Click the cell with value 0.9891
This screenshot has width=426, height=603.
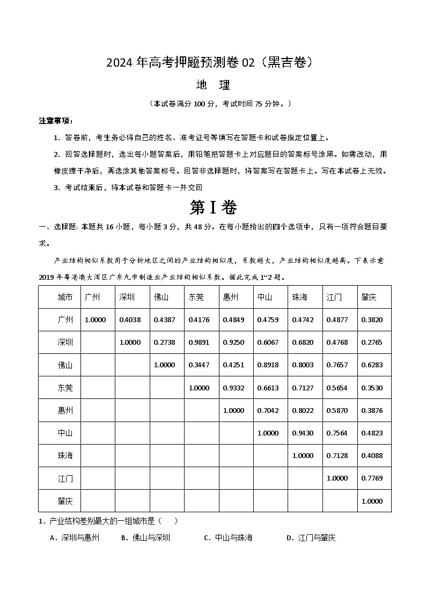pyautogui.click(x=199, y=343)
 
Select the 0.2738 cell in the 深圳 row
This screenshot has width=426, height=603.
pyautogui.click(x=164, y=343)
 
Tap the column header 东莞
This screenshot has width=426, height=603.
pyautogui.click(x=196, y=297)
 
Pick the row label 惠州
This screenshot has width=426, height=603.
pyautogui.click(x=65, y=411)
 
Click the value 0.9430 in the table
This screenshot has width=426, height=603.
pyautogui.click(x=303, y=433)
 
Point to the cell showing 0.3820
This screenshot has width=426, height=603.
pyautogui.click(x=372, y=320)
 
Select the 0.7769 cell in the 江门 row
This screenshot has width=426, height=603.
pyautogui.click(x=372, y=478)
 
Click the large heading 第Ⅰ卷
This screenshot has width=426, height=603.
pyautogui.click(x=213, y=208)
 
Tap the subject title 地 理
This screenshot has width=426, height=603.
pyautogui.click(x=213, y=85)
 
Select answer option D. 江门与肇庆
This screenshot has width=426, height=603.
pyautogui.click(x=311, y=537)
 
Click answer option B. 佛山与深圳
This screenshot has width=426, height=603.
pyautogui.click(x=145, y=537)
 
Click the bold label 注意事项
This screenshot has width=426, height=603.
pyautogui.click(x=56, y=120)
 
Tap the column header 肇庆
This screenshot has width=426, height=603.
pyautogui.click(x=369, y=297)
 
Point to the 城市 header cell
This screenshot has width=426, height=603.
pyautogui.click(x=65, y=297)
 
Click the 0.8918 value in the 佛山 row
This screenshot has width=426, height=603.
pyautogui.click(x=268, y=365)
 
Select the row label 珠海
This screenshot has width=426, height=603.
pyautogui.click(x=65, y=456)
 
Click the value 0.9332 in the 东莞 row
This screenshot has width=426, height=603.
pyautogui.click(x=233, y=388)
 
